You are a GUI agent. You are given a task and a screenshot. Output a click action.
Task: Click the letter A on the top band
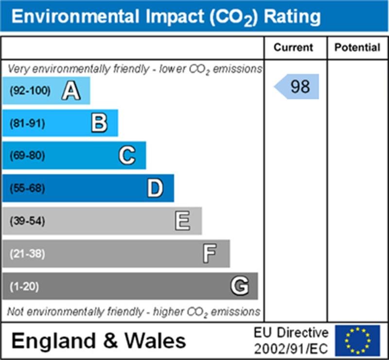click(x=71, y=90)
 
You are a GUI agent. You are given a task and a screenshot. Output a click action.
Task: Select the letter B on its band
click(x=99, y=123)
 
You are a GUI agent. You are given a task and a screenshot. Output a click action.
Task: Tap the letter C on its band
click(x=127, y=156)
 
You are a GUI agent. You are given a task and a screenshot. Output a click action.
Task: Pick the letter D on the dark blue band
click(x=155, y=188)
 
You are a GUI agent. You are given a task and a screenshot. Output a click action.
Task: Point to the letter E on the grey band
click(x=183, y=221)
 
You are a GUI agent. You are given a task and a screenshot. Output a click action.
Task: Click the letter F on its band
click(x=210, y=253)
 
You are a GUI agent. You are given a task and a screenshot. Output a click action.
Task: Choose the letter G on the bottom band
click(x=239, y=286)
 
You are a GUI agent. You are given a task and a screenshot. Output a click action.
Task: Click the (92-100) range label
click(x=30, y=90)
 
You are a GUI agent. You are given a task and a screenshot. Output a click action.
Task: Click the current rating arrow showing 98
click(x=297, y=87)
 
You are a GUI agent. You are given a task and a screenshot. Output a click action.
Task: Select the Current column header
click(x=293, y=48)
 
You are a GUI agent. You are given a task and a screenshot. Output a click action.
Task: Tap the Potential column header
click(x=357, y=48)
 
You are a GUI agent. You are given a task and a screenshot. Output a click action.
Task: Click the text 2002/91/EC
click(x=291, y=348)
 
